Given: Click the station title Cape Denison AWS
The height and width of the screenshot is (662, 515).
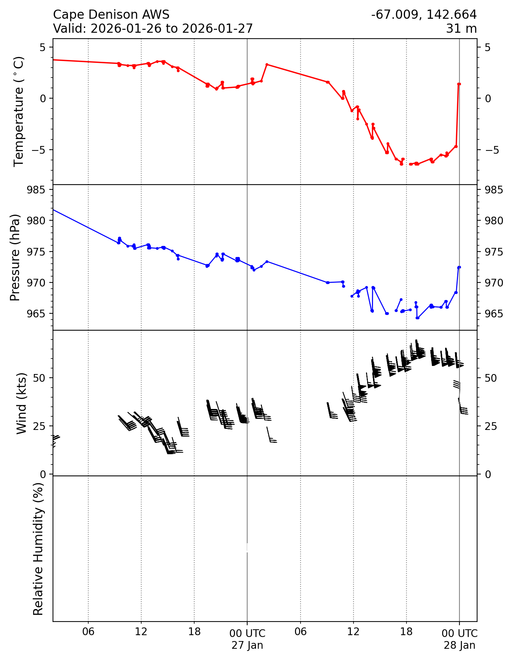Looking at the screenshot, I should [x=111, y=15].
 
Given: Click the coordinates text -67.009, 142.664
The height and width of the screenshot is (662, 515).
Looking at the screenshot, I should [x=424, y=15].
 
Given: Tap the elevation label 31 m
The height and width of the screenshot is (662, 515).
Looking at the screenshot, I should [x=461, y=28].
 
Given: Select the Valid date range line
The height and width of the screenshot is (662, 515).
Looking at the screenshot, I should [x=153, y=28].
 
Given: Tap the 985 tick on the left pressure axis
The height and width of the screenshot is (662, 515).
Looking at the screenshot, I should [x=37, y=190].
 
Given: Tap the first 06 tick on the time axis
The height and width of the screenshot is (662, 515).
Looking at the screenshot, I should [x=88, y=632].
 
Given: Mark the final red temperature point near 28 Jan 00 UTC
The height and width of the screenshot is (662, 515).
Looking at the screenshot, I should [x=459, y=84].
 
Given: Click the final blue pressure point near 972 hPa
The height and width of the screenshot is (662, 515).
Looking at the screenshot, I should [x=459, y=267].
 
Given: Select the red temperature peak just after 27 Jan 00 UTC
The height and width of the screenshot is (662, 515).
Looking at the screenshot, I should [x=267, y=64].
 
